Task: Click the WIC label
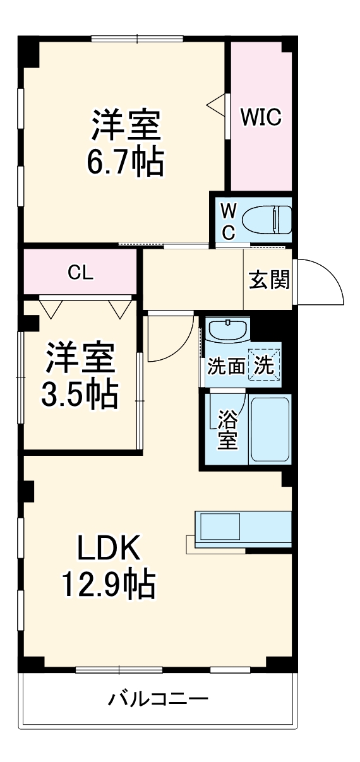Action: [260, 118]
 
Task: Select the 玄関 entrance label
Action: [268, 280]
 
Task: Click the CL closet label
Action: [81, 273]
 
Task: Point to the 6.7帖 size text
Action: [124, 162]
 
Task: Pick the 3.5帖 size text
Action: [80, 395]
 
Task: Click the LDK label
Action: [108, 549]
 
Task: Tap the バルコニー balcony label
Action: [158, 699]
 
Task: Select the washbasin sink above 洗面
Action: [228, 331]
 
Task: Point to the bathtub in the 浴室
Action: [270, 429]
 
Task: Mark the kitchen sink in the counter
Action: [219, 526]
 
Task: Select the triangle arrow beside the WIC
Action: [216, 105]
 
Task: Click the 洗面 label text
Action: [226, 366]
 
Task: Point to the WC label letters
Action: [228, 221]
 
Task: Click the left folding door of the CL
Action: [51, 307]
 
